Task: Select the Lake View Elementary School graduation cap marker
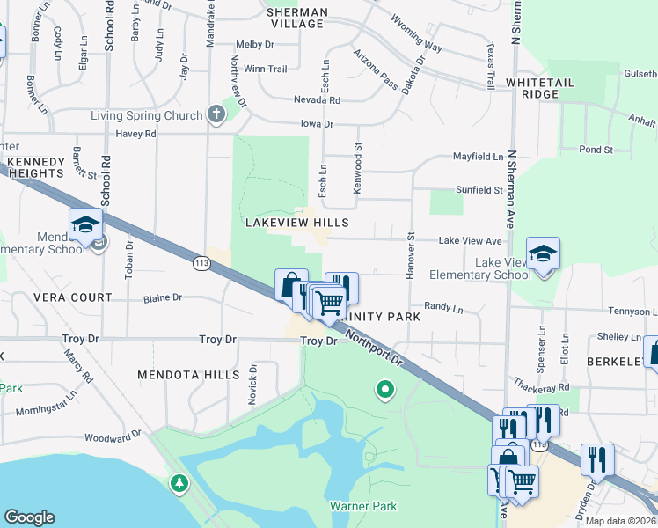[543, 254]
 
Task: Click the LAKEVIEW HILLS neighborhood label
[296, 224]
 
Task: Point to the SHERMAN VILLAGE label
[296, 18]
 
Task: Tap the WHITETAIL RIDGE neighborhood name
[540, 88]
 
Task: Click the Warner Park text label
[363, 506]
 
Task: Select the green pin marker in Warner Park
[384, 388]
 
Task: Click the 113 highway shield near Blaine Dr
[200, 261]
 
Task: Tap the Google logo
[29, 517]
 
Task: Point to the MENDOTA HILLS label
[188, 375]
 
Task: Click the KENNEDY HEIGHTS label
[35, 168]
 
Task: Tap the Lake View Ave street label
[470, 240]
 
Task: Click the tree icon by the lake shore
[179, 483]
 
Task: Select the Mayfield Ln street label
[478, 156]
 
